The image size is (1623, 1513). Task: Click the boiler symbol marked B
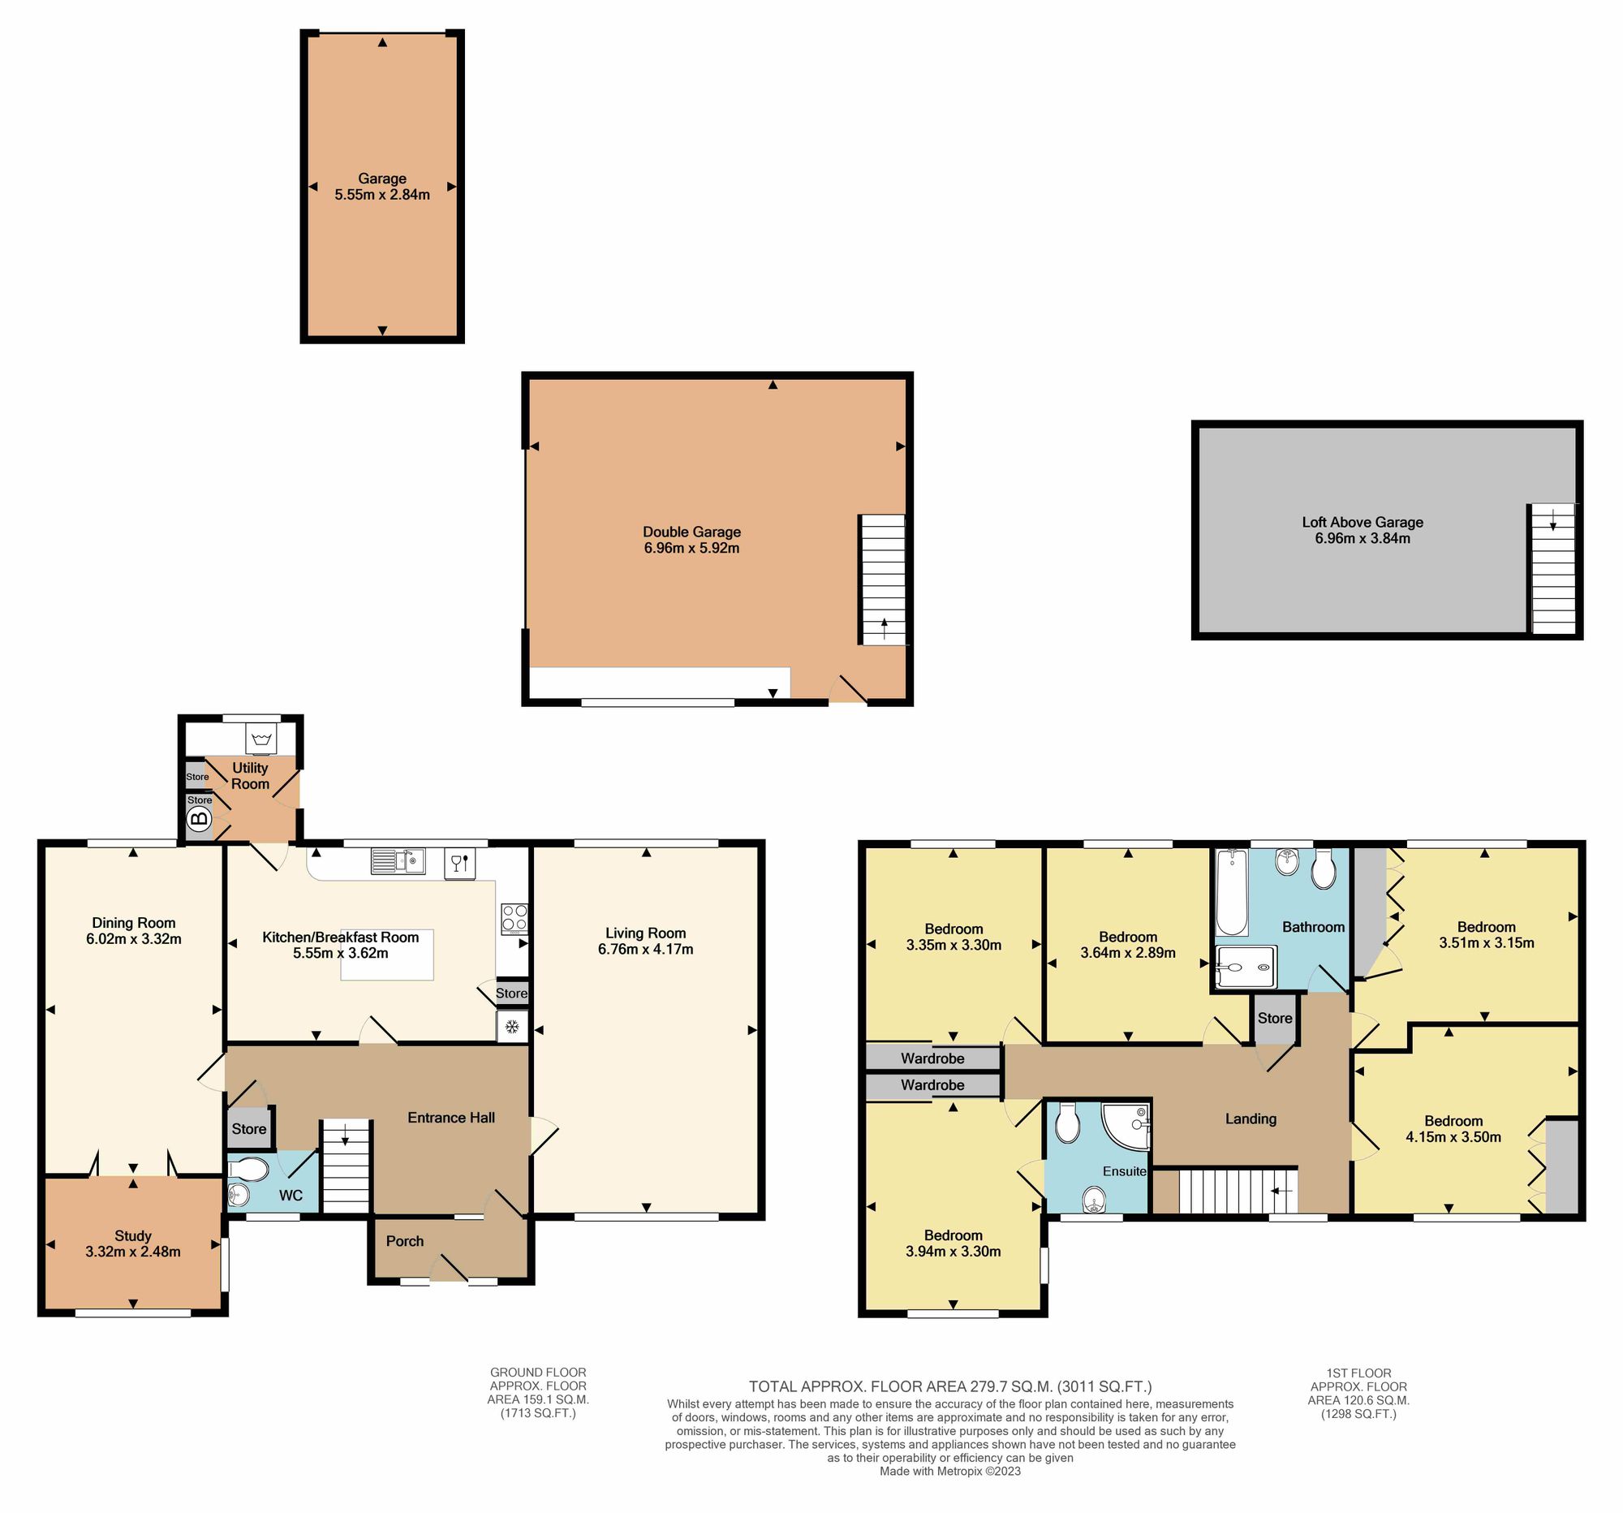click(199, 818)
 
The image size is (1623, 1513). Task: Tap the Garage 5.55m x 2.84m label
click(382, 186)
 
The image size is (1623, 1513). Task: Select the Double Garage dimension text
click(691, 548)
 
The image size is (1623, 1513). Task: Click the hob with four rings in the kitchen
click(514, 919)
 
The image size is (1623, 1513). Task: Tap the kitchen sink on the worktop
click(398, 860)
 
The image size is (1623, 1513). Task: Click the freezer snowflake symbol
click(513, 1026)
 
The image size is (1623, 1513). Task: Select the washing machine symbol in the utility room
click(261, 739)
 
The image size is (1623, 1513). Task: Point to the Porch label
click(405, 1241)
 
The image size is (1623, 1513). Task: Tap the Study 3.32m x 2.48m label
click(133, 1244)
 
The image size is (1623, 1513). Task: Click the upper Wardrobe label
click(932, 1058)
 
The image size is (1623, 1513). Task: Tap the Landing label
click(1250, 1119)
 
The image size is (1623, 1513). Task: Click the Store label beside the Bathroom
click(1274, 1018)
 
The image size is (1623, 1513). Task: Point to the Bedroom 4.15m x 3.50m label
click(1453, 1128)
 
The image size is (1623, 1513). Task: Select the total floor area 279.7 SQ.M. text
click(950, 1386)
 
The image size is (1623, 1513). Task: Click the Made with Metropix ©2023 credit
click(949, 1471)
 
